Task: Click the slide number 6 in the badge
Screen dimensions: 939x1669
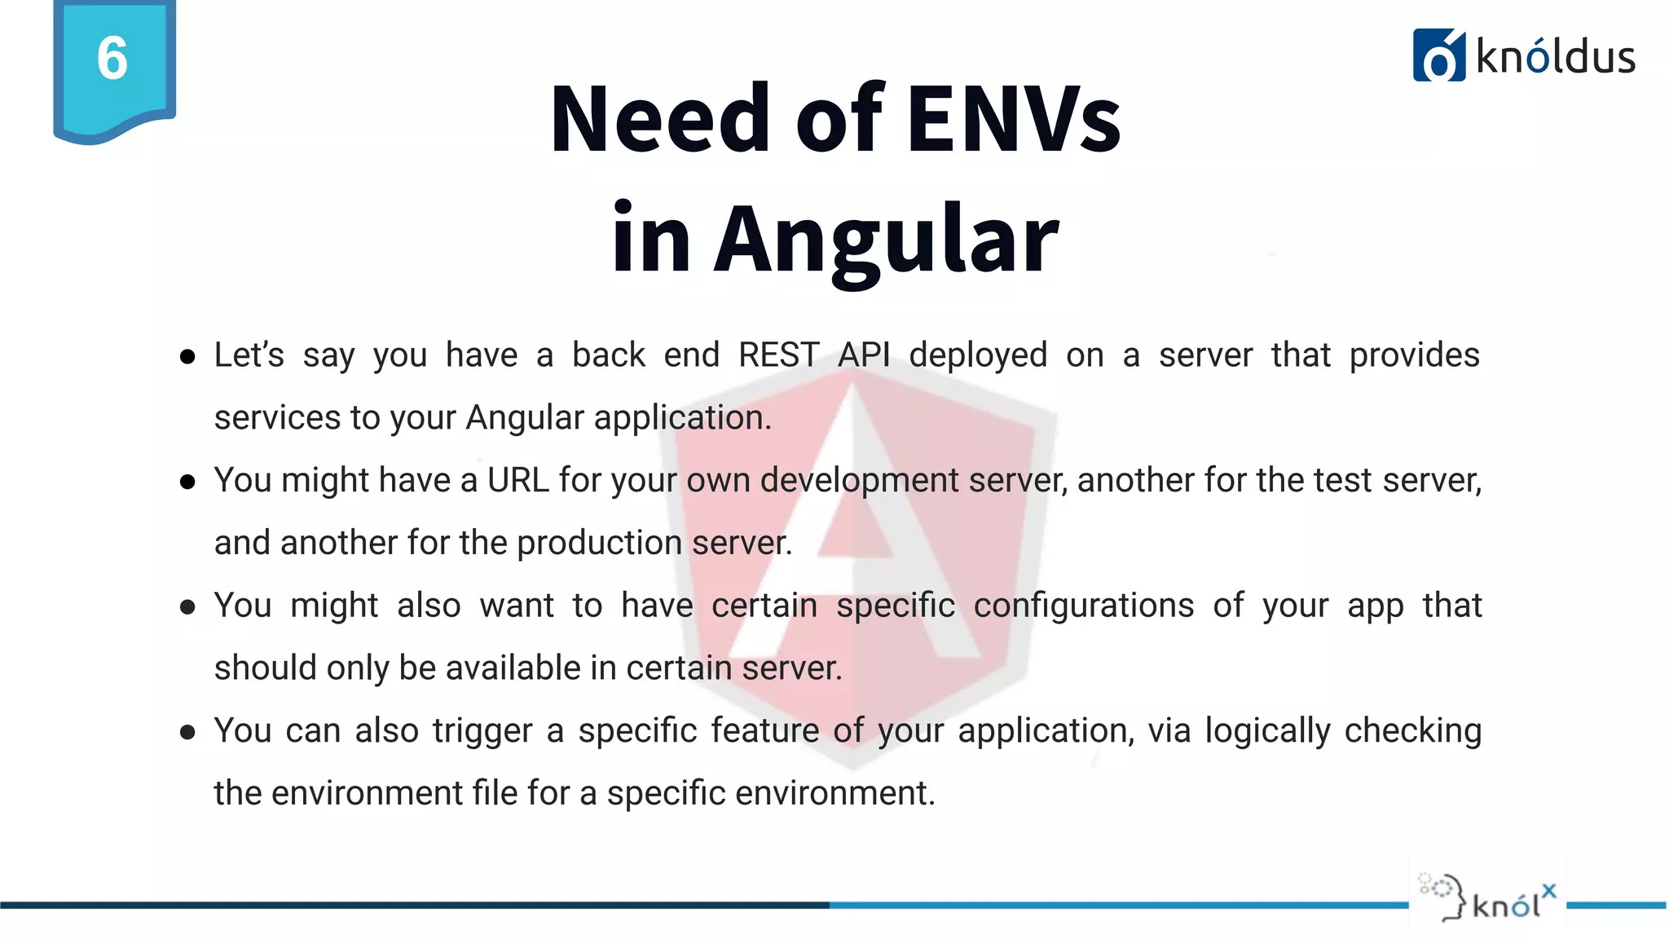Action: point(112,59)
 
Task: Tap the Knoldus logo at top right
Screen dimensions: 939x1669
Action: point(1523,55)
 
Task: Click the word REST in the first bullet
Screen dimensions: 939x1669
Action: point(778,355)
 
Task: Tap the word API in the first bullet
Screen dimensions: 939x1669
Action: point(864,355)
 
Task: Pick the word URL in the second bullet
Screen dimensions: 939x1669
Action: point(518,480)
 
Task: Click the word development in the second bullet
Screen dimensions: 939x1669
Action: point(859,481)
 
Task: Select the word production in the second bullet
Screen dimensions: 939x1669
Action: point(599,543)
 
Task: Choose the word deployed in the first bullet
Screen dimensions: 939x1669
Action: point(978,356)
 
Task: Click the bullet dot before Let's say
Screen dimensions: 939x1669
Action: point(187,357)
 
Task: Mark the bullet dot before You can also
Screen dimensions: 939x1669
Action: point(187,732)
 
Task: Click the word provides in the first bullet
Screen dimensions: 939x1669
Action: point(1414,356)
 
